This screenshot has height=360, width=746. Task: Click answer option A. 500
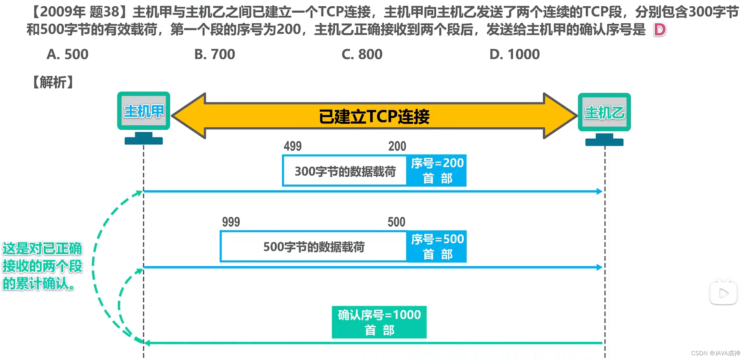pos(67,54)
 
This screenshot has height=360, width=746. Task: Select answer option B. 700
pos(214,54)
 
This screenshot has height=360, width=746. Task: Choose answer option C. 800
pos(362,54)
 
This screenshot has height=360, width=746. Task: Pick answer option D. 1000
pos(514,54)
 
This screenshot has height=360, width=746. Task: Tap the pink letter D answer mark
pos(659,30)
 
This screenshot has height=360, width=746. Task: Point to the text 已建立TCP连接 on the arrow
pos(374,117)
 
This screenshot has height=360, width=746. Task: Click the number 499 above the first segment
pos(293,146)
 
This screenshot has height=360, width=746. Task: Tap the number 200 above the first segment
pos(397,146)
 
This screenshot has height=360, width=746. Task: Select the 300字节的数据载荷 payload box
pos(345,171)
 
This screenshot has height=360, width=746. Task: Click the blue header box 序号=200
pos(437,170)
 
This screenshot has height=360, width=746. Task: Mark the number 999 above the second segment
pos(231,222)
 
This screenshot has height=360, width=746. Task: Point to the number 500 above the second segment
pos(396,222)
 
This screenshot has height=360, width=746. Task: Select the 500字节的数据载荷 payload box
pos(314,247)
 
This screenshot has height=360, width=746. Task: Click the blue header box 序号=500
pos(437,246)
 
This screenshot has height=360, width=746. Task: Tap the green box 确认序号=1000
pos(379,322)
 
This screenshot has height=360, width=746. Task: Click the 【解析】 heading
pos(53,82)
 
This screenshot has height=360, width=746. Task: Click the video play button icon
pos(723,293)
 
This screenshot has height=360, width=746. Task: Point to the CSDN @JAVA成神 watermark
pos(715,353)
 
